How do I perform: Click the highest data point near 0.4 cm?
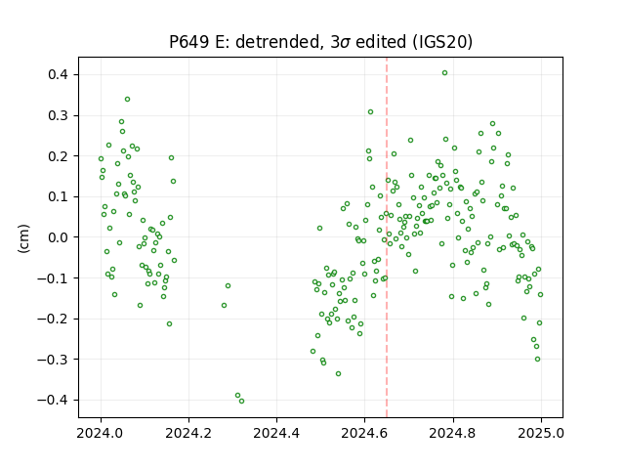445,73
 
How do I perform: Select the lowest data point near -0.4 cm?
241,402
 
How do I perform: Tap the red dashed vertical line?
387,237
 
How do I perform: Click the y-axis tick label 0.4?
58,74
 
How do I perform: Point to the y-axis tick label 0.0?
58,237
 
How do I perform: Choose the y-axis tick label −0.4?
53,400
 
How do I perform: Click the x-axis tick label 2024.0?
101,433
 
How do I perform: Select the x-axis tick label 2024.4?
276,433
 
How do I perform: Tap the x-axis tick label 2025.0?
541,433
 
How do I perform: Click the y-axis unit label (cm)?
23,238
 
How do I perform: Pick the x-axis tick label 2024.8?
453,433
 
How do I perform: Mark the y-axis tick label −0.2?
53,319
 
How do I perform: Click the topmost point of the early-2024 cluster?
128,100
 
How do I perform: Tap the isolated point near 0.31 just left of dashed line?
371,112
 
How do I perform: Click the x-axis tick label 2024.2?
188,433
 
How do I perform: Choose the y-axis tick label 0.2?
58,156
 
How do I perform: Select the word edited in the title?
381,42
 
